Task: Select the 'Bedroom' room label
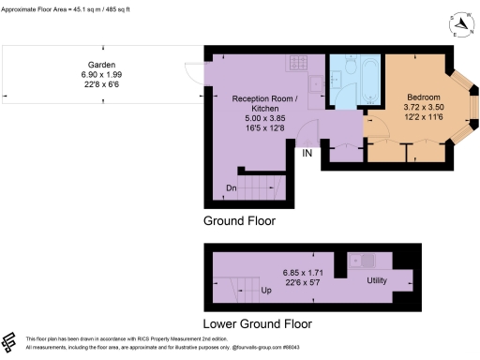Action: pyautogui.click(x=425, y=97)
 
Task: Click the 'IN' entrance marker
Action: pyautogui.click(x=307, y=152)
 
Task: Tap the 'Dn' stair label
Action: pyautogui.click(x=231, y=187)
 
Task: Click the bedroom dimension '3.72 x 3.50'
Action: pyautogui.click(x=425, y=107)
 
